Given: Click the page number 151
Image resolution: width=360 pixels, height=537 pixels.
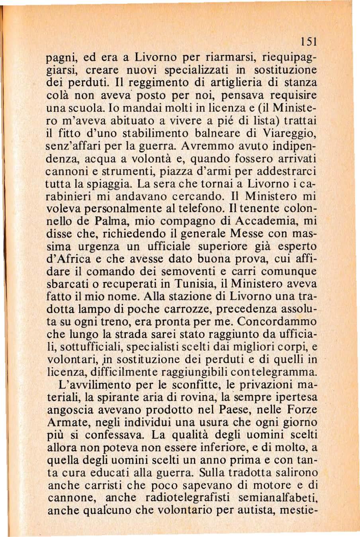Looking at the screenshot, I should (309, 41).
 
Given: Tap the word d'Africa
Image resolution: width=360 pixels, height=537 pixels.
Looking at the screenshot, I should (72, 259).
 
